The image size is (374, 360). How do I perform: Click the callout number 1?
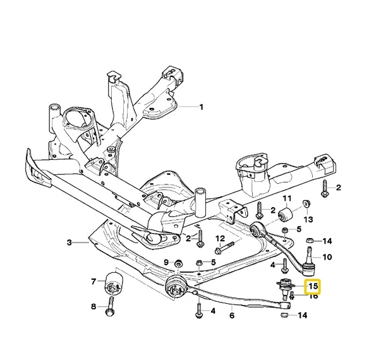click(202, 107)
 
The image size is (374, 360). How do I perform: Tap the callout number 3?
click(69, 243)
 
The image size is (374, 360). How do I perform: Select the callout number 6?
click(232, 315)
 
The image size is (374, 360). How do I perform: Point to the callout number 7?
click(93, 282)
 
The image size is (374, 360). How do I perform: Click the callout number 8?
click(93, 306)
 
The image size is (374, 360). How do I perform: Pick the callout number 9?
click(166, 263)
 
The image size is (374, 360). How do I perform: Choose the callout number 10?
click(327, 257)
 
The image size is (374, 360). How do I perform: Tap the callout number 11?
click(287, 198)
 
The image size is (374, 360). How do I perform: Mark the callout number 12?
click(220, 238)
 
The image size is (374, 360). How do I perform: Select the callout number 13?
click(308, 219)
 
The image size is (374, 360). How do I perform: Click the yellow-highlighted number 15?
click(313, 286)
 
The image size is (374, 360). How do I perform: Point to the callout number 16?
click(313, 297)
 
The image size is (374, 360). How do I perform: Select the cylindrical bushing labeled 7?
click(114, 283)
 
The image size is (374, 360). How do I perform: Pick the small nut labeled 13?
click(306, 204)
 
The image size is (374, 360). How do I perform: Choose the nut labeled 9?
click(178, 264)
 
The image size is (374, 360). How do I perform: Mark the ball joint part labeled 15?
click(286, 288)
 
